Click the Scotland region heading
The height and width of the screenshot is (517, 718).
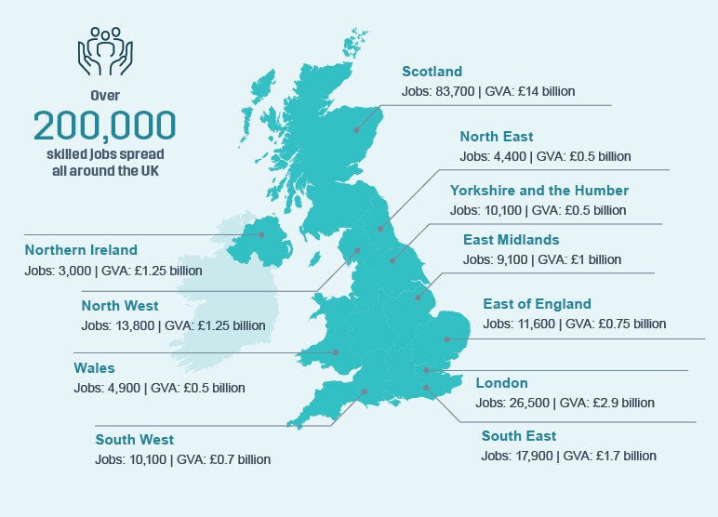pos(432,72)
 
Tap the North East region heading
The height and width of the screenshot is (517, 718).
pos(497,136)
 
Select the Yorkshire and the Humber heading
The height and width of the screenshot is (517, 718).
pos(538,190)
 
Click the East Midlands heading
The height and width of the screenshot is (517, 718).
pos(511,240)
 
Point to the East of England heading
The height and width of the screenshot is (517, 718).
pos(537,304)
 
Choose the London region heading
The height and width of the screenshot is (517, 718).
pos(501,383)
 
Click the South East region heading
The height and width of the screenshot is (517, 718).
pos(518,436)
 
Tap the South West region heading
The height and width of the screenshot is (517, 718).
pos(134,440)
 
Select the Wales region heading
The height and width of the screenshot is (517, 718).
pos(94,368)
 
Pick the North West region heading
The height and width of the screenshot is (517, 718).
pos(120,305)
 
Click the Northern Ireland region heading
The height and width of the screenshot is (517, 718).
pos(81,250)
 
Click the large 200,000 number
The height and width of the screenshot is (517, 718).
pos(104,125)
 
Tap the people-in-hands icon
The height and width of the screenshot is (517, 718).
pos(104,52)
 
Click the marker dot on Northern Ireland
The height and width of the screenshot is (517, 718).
pos(262,234)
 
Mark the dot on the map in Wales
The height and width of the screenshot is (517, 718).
pos(336,352)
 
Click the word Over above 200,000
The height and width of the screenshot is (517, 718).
pos(104,95)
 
